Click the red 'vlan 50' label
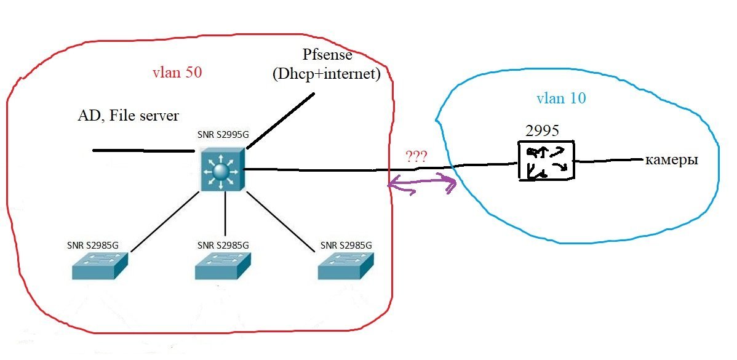pos(177,72)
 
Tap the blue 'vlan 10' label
pos(561,98)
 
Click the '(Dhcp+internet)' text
pos(326,74)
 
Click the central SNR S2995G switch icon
pos(221,169)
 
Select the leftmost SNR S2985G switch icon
pos(99,266)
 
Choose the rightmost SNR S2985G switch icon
pos(346,266)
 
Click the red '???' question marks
pos(416,155)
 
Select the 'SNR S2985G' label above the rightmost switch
pos(346,245)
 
